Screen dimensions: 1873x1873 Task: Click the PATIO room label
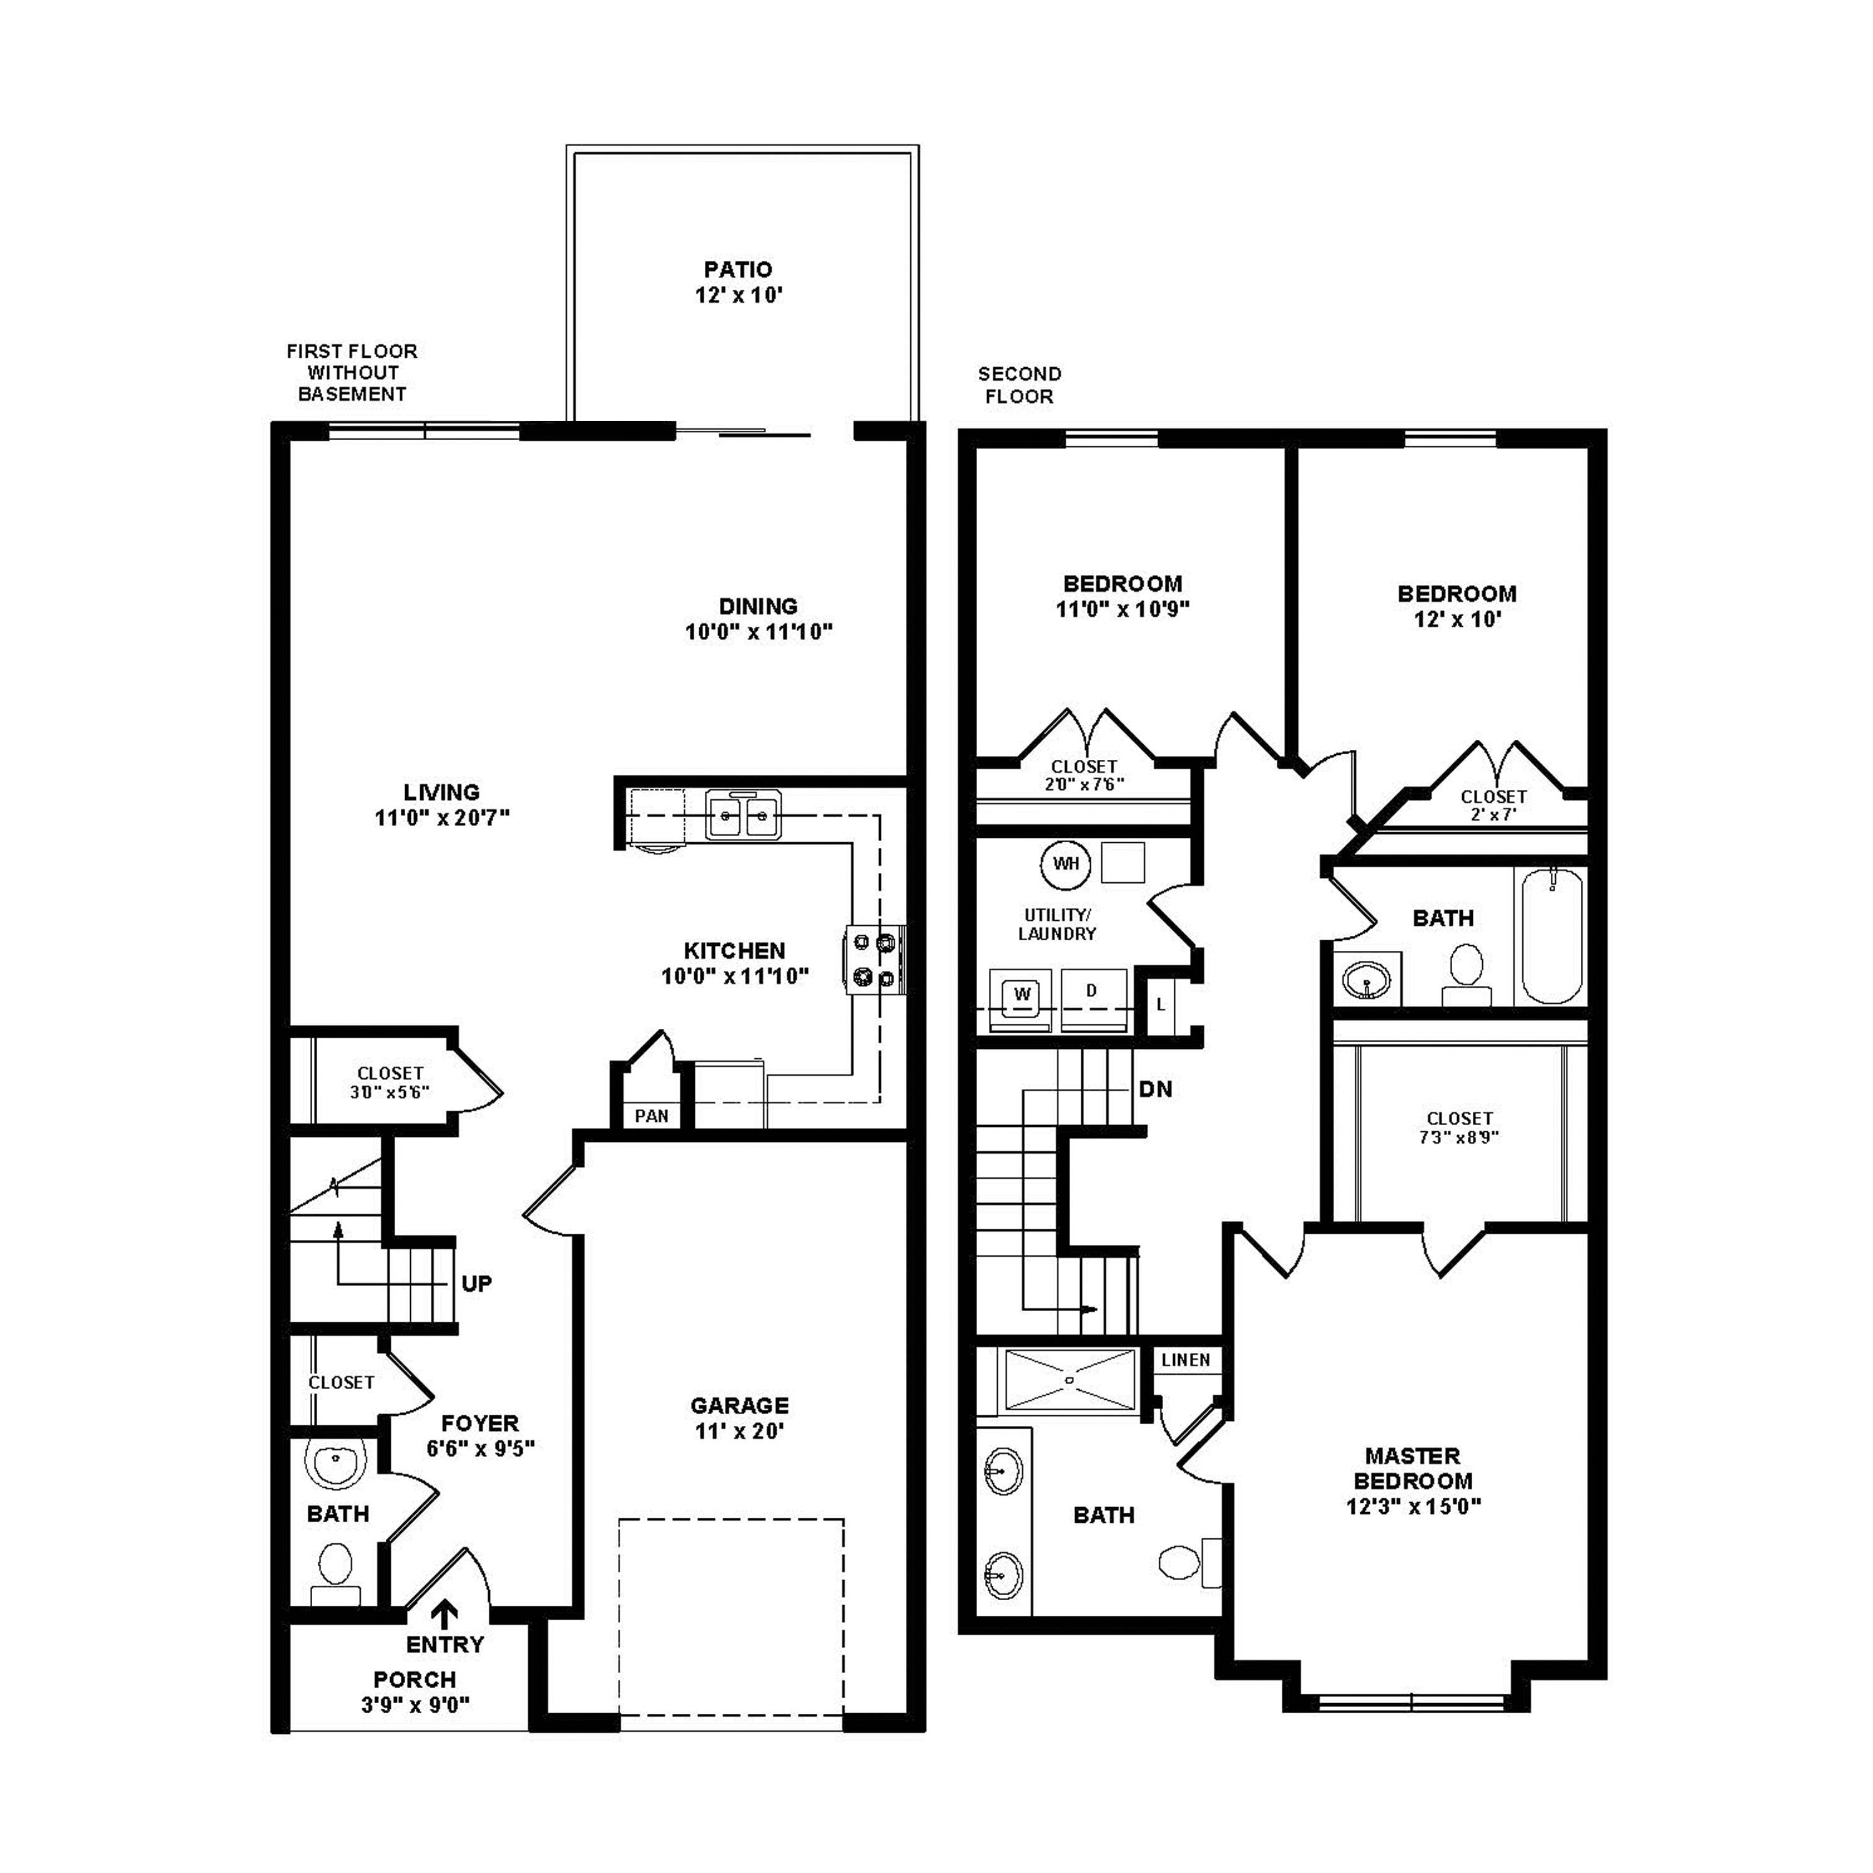(x=738, y=270)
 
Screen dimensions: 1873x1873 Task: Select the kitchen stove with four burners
(x=875, y=959)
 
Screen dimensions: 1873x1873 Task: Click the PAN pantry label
(x=651, y=1116)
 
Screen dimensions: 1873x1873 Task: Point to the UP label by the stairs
(x=476, y=1284)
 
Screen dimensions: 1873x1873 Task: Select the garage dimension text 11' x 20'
(x=739, y=1431)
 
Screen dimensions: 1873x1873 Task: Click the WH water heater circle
(x=1066, y=864)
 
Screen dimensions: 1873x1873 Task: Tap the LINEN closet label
(x=1186, y=1360)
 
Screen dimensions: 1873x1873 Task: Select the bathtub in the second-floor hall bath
(x=1551, y=935)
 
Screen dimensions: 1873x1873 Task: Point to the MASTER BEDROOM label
(x=1412, y=1468)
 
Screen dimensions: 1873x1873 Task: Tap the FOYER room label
(x=480, y=1423)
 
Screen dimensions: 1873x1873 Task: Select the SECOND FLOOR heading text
(x=1019, y=385)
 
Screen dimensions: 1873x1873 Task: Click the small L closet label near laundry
(x=1161, y=1005)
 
